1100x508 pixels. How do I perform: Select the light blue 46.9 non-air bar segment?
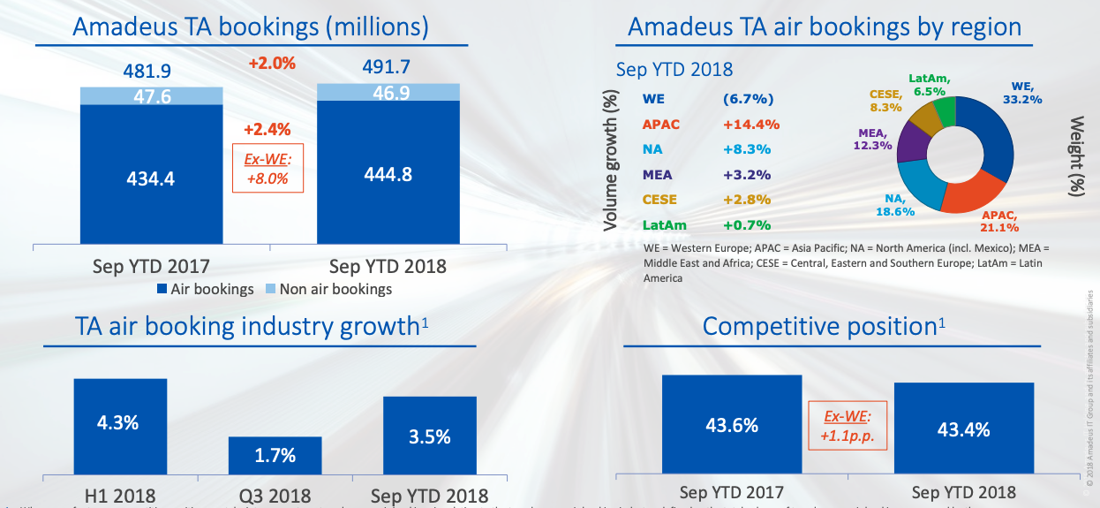point(388,92)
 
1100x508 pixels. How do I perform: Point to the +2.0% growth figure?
point(271,64)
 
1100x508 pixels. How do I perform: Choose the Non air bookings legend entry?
point(329,289)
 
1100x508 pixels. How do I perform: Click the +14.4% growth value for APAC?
point(746,124)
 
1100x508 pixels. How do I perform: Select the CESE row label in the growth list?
point(660,200)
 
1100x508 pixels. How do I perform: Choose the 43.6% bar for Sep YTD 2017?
point(732,426)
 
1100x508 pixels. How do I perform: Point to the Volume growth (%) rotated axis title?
point(611,161)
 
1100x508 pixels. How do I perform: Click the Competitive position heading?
point(824,326)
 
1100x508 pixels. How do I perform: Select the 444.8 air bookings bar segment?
point(388,174)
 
